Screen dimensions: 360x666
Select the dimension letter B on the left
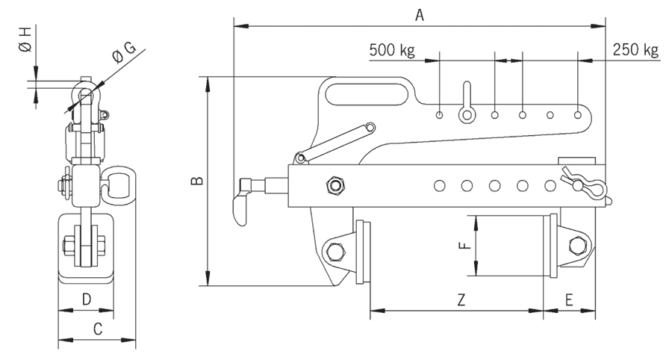[196, 181]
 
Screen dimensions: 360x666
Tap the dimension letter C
[97, 328]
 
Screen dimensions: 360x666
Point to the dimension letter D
[87, 300]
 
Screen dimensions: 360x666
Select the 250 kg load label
[635, 51]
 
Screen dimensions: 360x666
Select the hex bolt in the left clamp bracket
[334, 252]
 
